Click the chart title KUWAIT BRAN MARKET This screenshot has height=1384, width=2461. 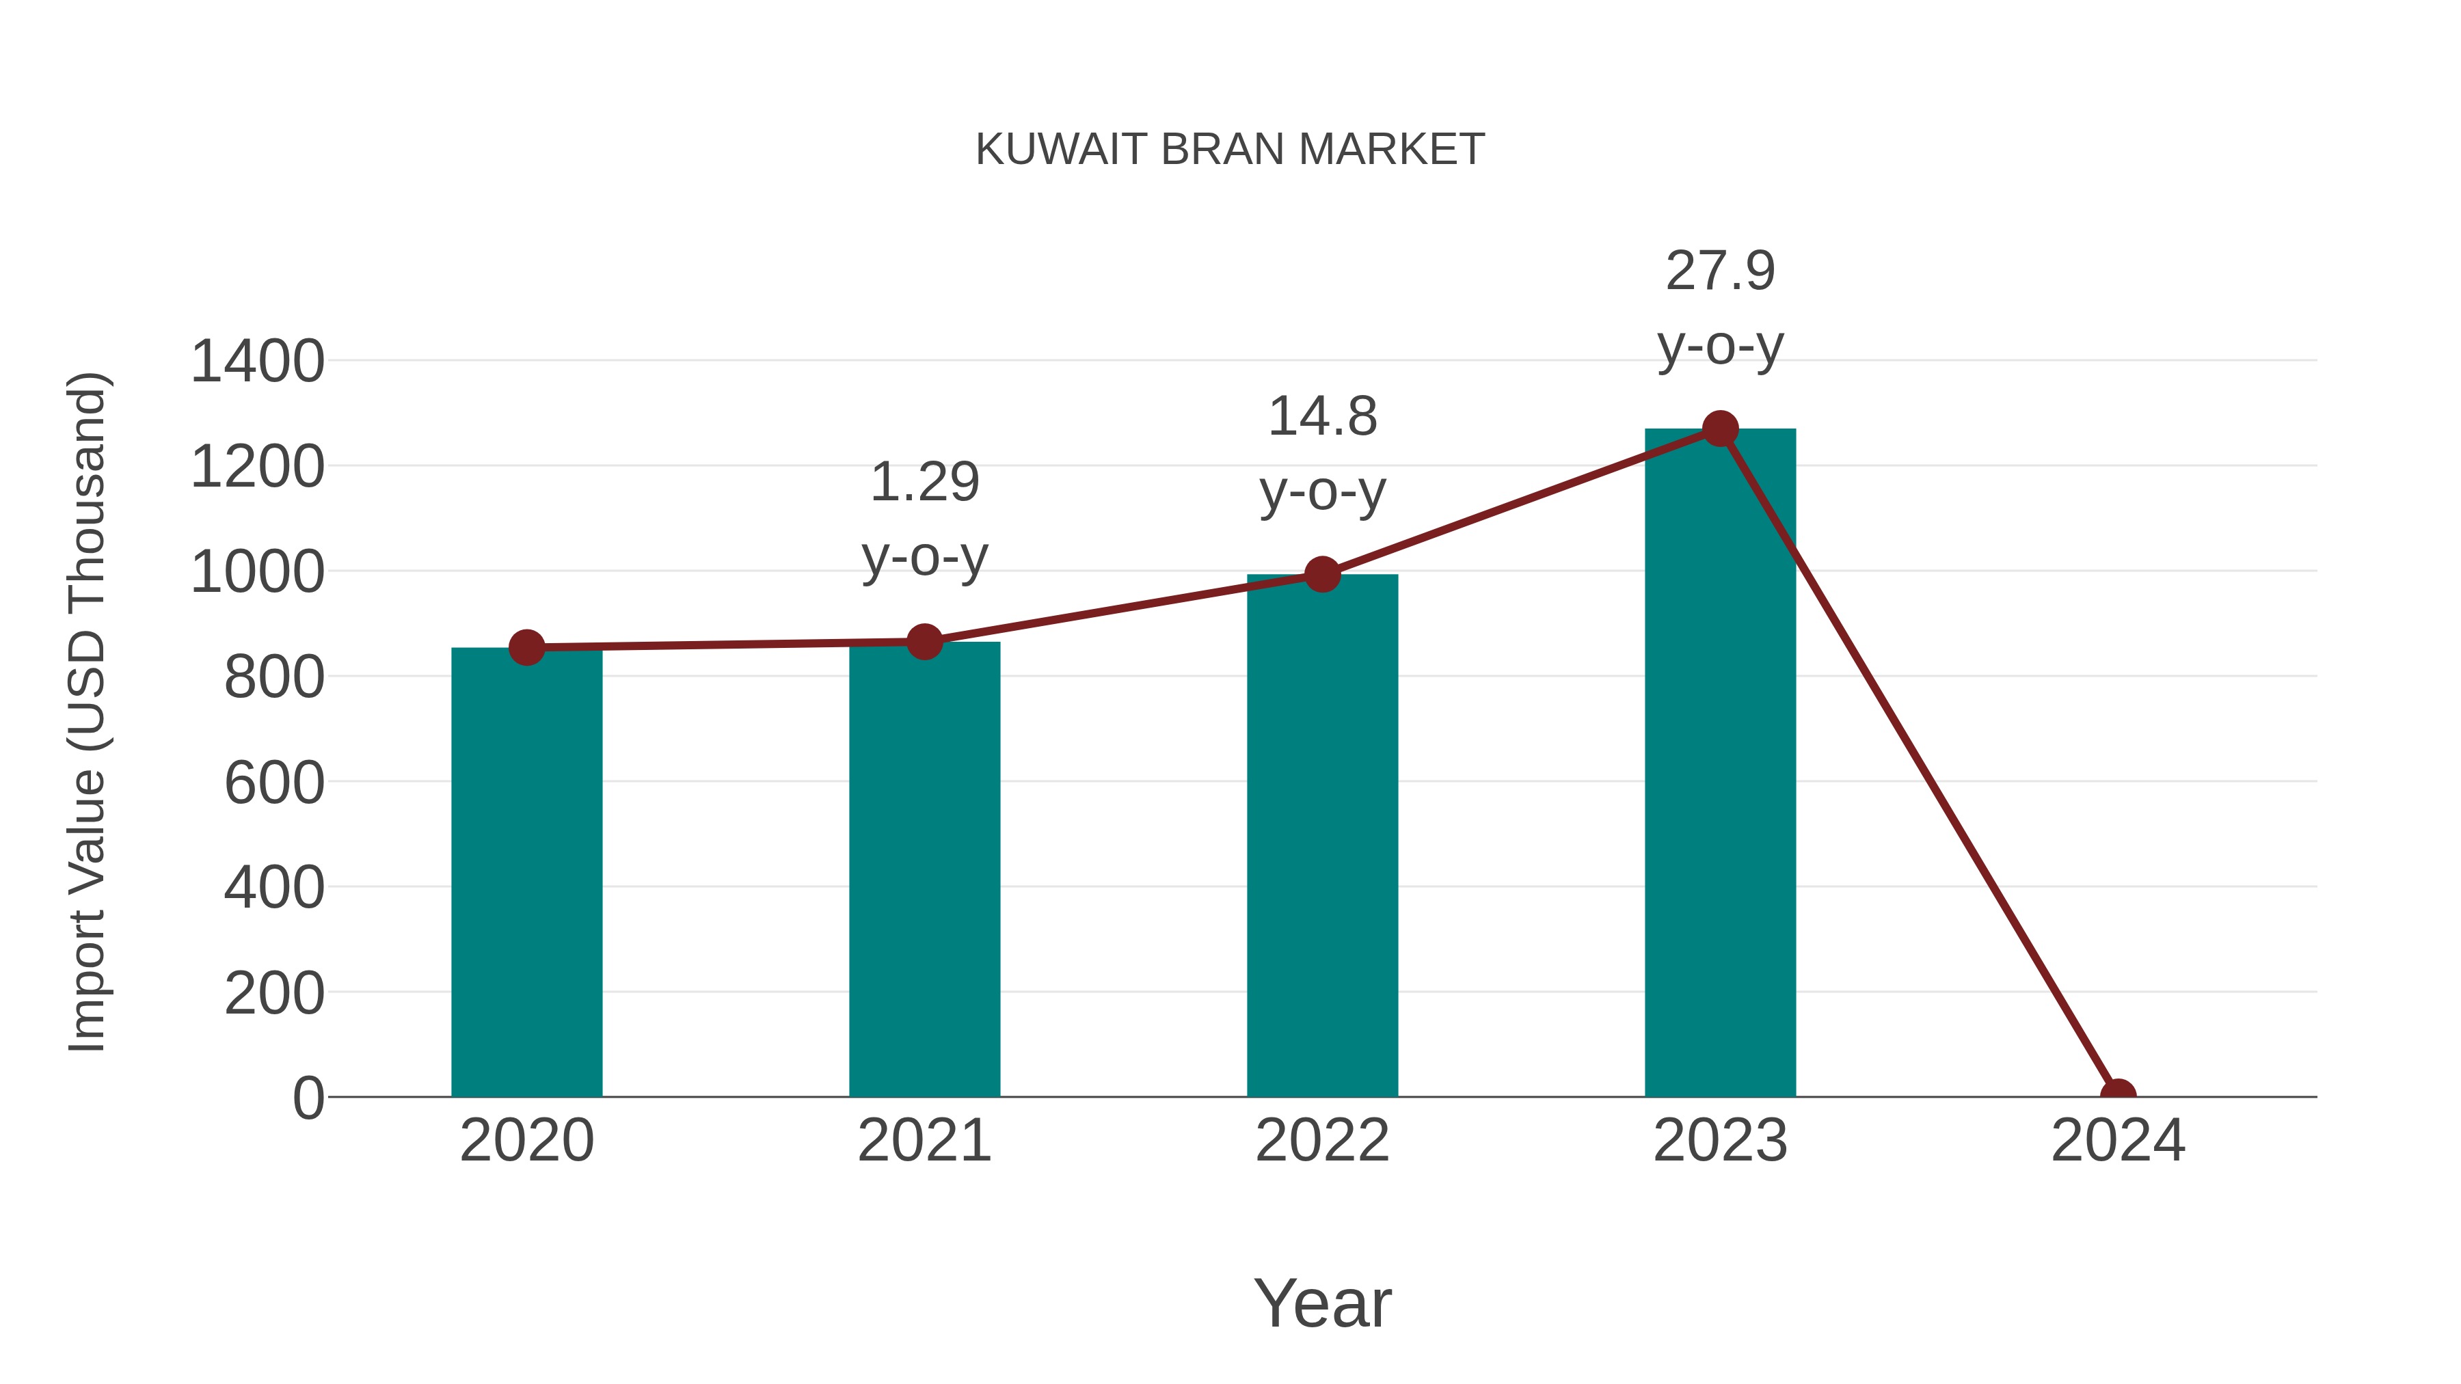[1230, 150]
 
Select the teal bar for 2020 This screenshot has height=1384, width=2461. [526, 874]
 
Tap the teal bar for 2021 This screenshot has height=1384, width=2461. [924, 869]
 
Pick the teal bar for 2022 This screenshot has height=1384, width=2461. [1322, 836]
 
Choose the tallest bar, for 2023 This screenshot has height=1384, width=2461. [1720, 764]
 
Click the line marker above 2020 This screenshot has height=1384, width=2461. [526, 648]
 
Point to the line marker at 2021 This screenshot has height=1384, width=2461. [924, 642]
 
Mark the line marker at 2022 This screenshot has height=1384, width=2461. [1322, 574]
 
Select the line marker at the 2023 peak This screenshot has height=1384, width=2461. [1720, 429]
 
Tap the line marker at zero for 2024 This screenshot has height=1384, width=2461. [2118, 1095]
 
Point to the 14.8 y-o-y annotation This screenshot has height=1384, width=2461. [1322, 454]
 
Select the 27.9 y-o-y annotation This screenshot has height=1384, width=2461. [1720, 308]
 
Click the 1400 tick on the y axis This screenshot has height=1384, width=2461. [257, 362]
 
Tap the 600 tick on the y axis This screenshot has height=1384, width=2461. [274, 783]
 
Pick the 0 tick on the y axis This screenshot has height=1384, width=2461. [308, 1098]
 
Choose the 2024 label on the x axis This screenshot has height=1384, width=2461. [2118, 1141]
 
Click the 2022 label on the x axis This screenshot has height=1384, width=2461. [1322, 1141]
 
